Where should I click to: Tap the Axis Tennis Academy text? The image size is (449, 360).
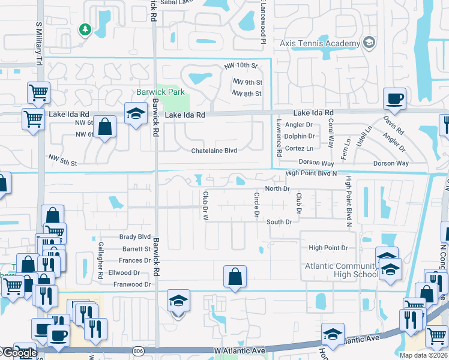point(319,43)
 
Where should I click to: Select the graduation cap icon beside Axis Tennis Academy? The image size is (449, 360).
point(369,43)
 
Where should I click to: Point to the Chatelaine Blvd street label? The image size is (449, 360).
point(214,151)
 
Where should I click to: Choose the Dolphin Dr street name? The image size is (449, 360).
point(300,136)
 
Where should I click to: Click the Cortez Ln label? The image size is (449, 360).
point(300,148)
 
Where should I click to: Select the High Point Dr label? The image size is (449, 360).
point(328,248)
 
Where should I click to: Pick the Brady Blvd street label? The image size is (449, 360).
point(135,237)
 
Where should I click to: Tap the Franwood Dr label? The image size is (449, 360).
point(132,284)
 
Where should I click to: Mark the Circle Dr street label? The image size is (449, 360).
point(256,205)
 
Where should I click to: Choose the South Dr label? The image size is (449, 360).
point(279,222)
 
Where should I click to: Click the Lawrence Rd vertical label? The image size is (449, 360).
point(279,137)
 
